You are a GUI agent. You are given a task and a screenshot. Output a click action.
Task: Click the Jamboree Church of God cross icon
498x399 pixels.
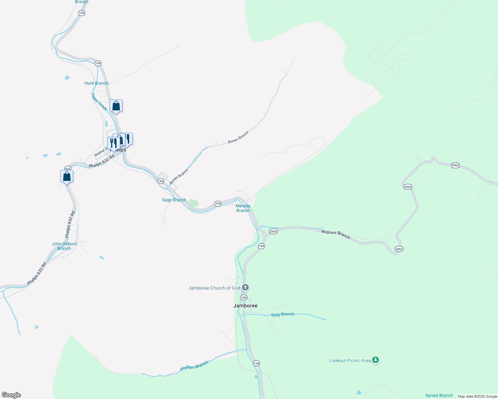pyautogui.click(x=245, y=287)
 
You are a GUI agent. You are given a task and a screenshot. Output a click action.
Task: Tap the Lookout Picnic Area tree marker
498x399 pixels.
pyautogui.click(x=375, y=360)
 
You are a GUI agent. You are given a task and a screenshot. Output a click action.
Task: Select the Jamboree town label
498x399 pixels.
pyautogui.click(x=245, y=306)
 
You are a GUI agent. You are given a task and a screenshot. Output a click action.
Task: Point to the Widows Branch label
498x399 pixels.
pyautogui.click(x=336, y=234)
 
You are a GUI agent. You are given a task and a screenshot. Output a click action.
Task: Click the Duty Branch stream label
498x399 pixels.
pyautogui.click(x=283, y=315)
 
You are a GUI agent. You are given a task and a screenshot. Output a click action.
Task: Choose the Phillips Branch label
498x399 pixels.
pyautogui.click(x=194, y=366)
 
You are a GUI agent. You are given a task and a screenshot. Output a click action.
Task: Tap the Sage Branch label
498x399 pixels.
pyautogui.click(x=174, y=200)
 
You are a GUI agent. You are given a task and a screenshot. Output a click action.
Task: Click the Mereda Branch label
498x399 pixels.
pyautogui.click(x=243, y=208)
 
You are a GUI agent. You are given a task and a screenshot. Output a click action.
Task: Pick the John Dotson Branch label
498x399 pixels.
pyautogui.click(x=64, y=246)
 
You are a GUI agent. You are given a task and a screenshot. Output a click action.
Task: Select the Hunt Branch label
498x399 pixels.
pyautogui.click(x=97, y=83)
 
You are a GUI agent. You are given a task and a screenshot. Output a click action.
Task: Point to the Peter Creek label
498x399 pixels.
pyautogui.click(x=99, y=102)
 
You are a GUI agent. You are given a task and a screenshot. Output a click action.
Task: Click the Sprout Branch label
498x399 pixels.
pyautogui.click(x=439, y=395)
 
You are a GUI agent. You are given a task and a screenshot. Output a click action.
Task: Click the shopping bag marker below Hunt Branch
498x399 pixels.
pyautogui.click(x=116, y=106)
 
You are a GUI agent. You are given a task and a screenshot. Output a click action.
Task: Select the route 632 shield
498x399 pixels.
pyautogui.click(x=68, y=169)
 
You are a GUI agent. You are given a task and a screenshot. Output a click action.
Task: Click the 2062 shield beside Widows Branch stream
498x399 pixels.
pyautogui.click(x=273, y=231)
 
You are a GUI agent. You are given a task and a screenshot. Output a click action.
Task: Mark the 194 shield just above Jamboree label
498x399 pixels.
pyautogui.click(x=244, y=298)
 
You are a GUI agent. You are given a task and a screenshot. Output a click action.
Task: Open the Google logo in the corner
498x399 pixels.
pyautogui.click(x=11, y=395)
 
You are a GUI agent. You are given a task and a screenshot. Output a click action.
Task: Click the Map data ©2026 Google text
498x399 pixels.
pyautogui.click(x=477, y=396)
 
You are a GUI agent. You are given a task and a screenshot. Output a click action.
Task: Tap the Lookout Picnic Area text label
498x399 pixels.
pyautogui.click(x=350, y=360)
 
